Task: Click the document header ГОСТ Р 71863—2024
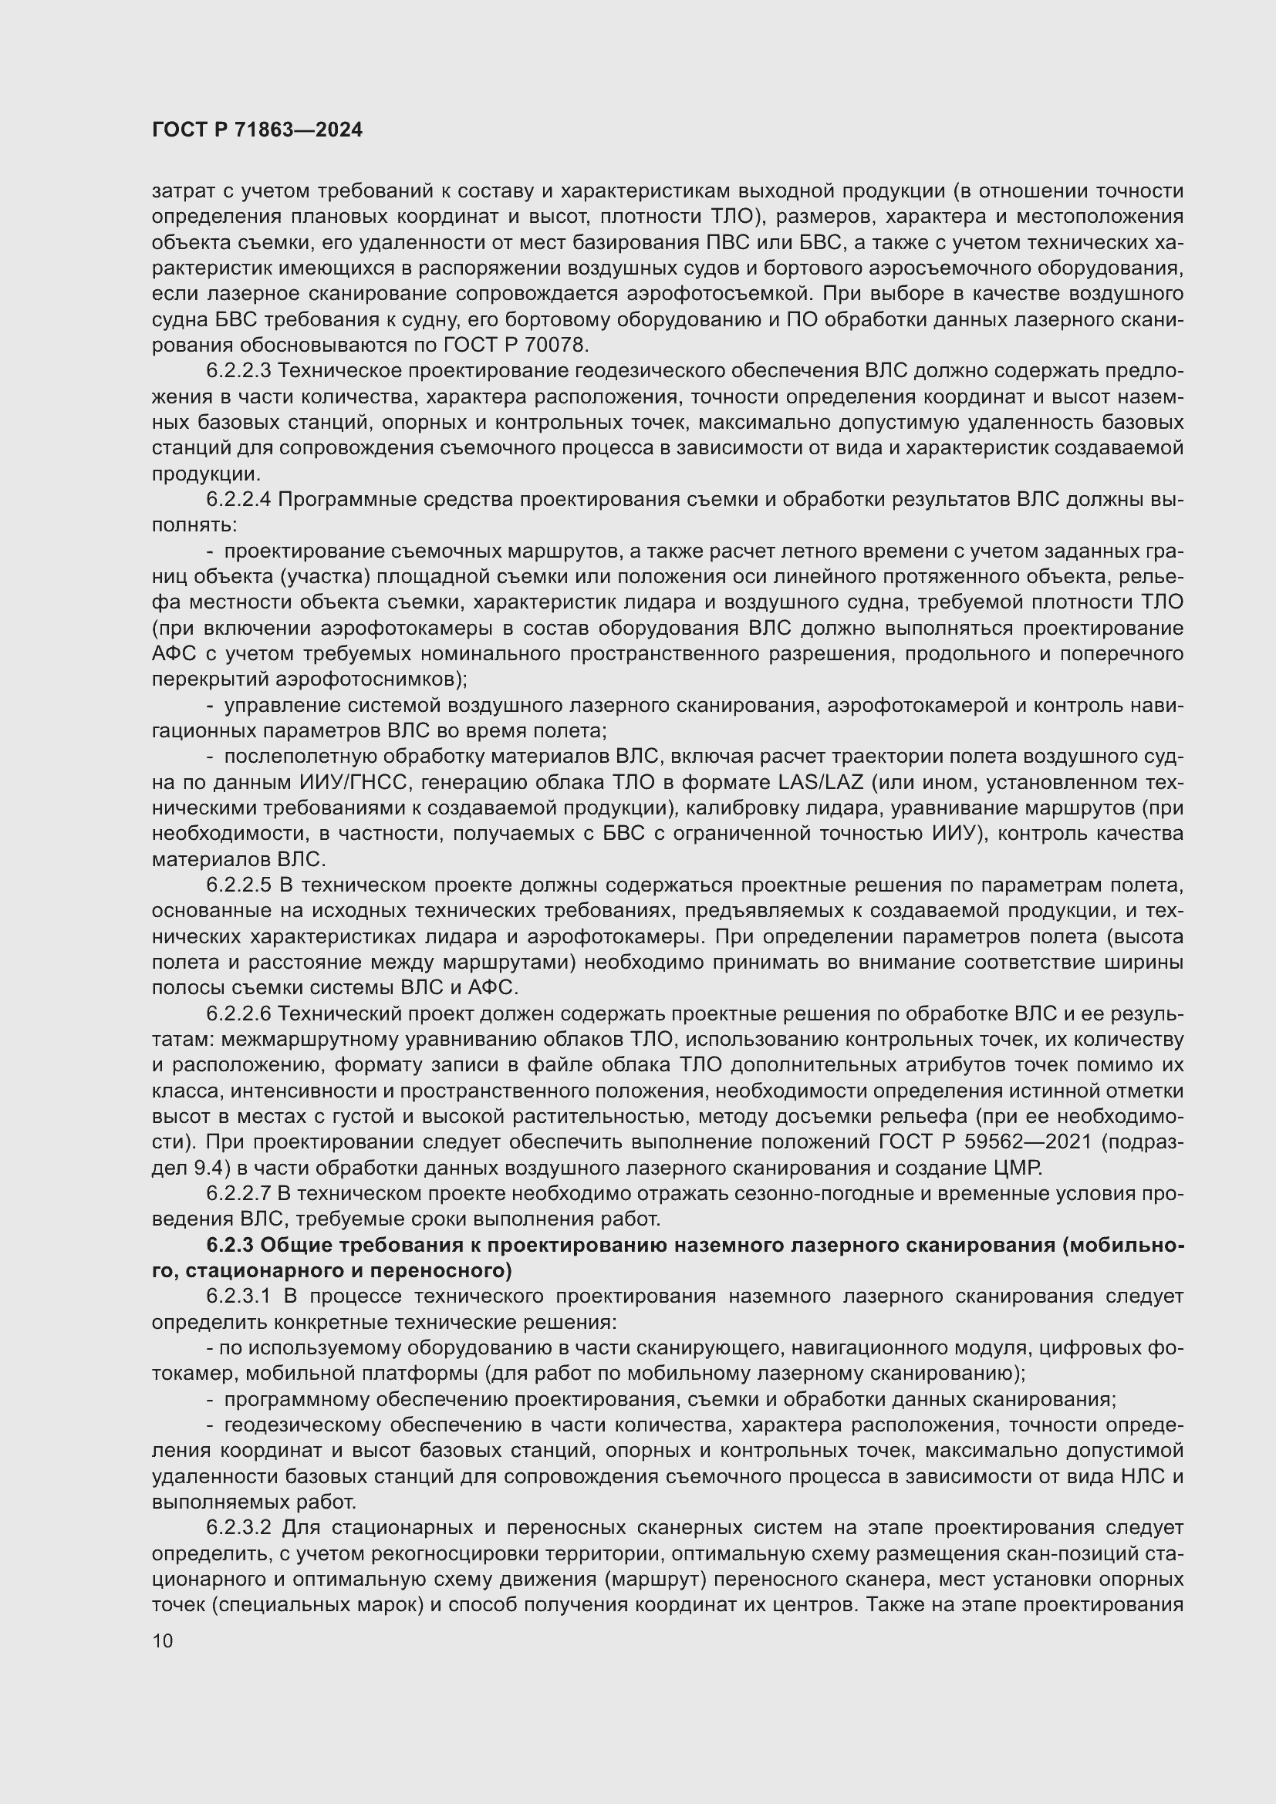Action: click(x=257, y=130)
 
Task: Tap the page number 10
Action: click(x=163, y=1640)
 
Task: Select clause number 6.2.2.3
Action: click(x=238, y=371)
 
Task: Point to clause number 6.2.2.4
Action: click(x=238, y=500)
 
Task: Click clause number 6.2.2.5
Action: click(x=238, y=885)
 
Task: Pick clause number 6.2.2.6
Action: click(x=238, y=1013)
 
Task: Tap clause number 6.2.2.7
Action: click(x=238, y=1193)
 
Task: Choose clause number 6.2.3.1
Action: click(x=238, y=1297)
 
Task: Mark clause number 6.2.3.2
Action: click(x=238, y=1527)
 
